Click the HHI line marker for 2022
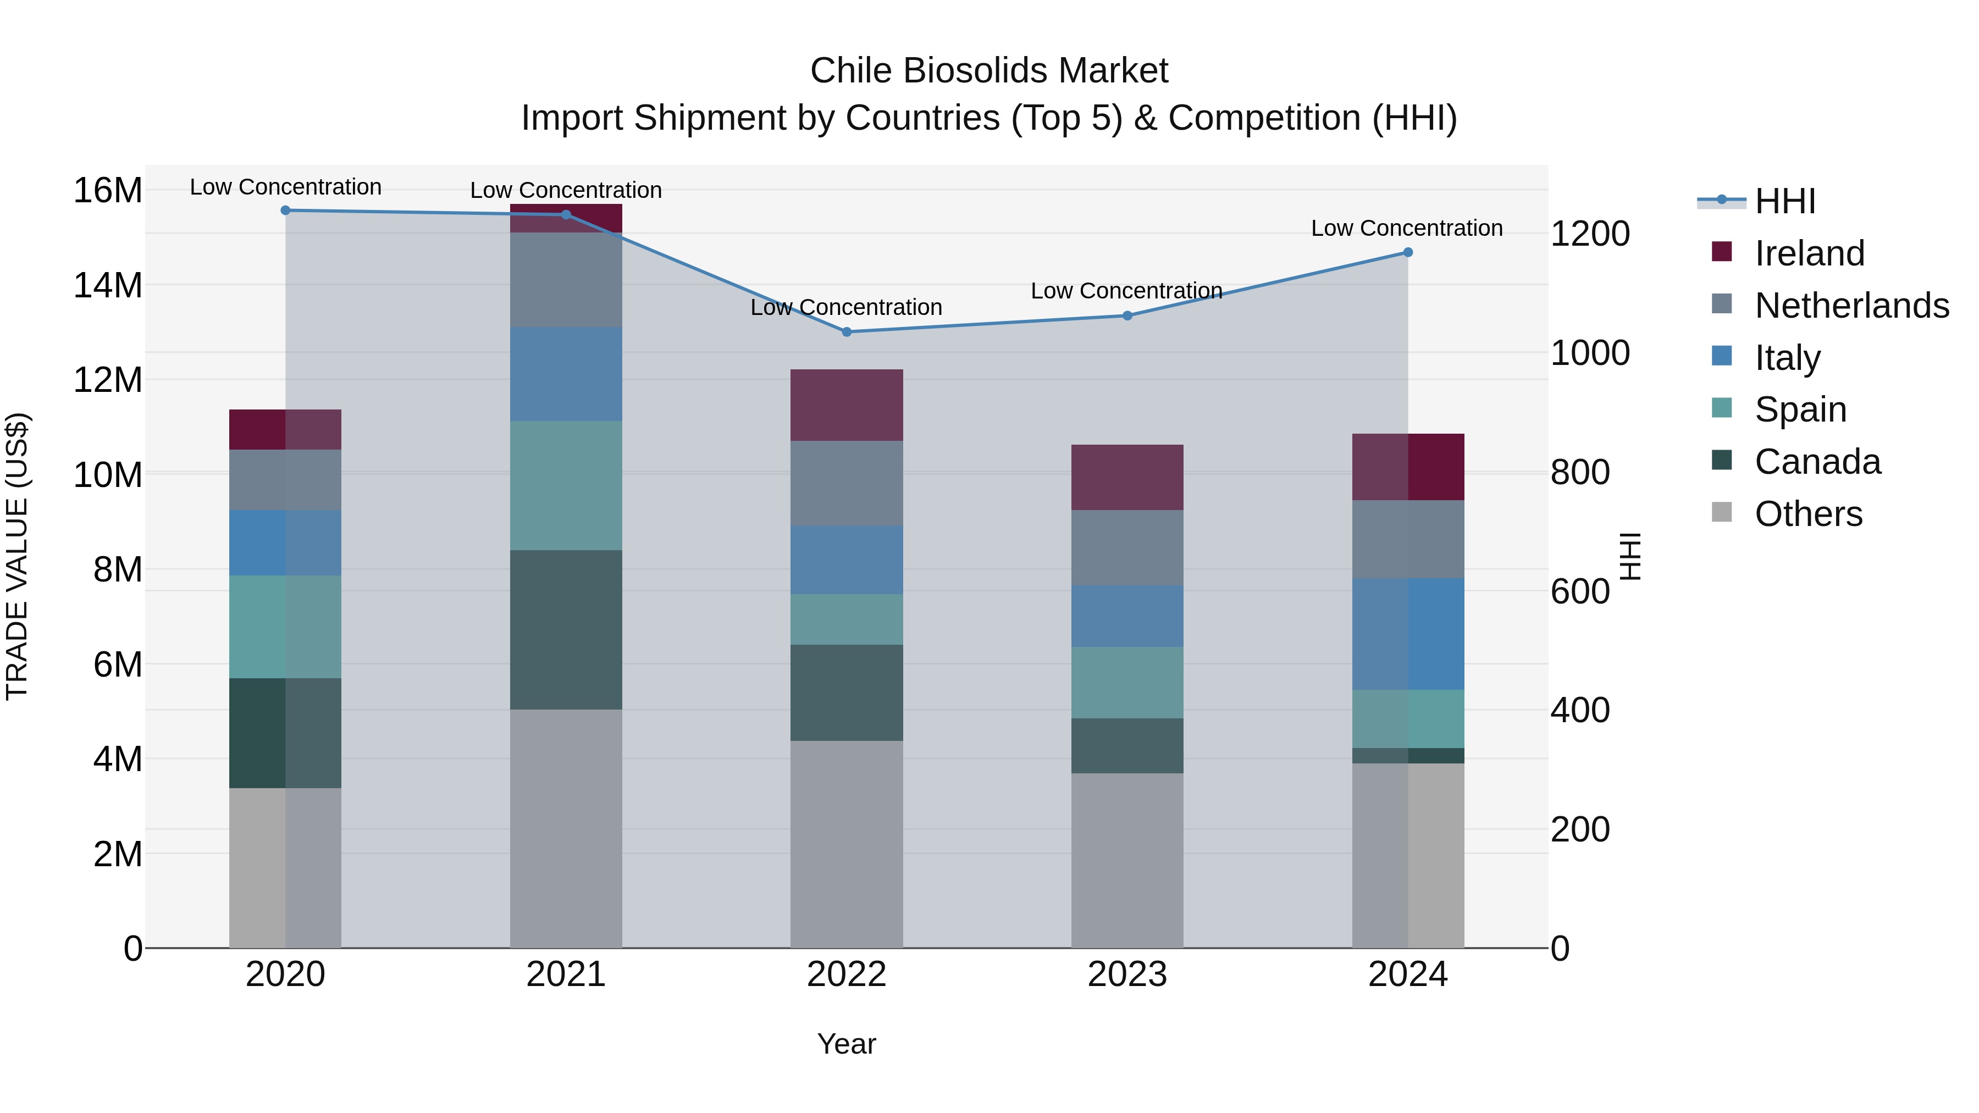pyautogui.click(x=847, y=332)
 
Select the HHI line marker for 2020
pyautogui.click(x=286, y=210)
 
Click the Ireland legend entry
pyautogui.click(x=1809, y=253)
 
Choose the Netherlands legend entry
pyautogui.click(x=1851, y=306)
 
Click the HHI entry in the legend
pyautogui.click(x=1784, y=201)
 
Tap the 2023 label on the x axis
pyautogui.click(x=1127, y=974)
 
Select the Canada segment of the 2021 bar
pyautogui.click(x=566, y=630)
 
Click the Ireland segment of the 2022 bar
pyautogui.click(x=847, y=405)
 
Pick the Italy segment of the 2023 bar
pyautogui.click(x=1127, y=616)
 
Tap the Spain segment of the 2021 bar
pyautogui.click(x=566, y=485)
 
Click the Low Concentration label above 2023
pyautogui.click(x=1126, y=291)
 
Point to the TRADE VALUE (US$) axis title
pyautogui.click(x=17, y=556)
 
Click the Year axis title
pyautogui.click(x=847, y=1044)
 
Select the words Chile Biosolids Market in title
pyautogui.click(x=989, y=71)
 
